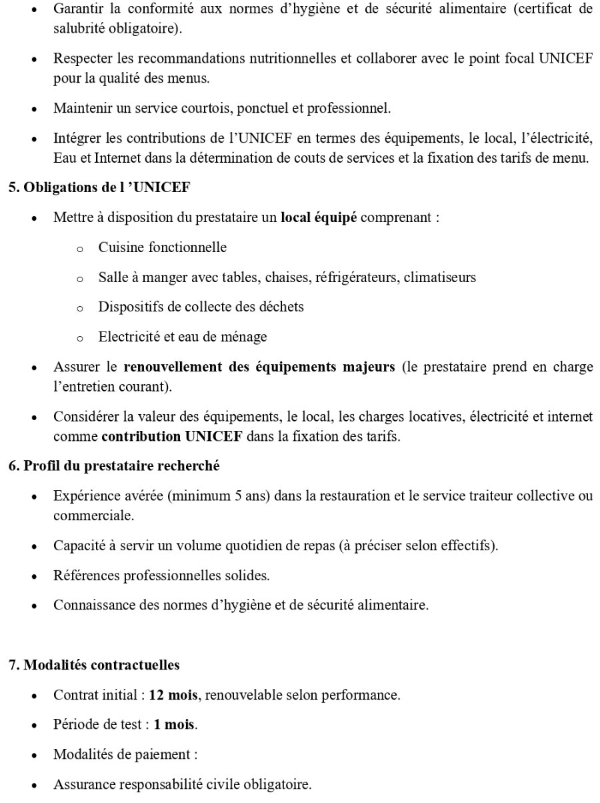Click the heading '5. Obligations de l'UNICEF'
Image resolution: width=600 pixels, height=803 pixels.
click(99, 187)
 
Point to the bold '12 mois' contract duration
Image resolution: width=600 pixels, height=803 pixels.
click(173, 695)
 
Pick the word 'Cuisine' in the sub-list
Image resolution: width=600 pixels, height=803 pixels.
click(121, 248)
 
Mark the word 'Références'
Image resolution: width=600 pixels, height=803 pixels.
click(85, 575)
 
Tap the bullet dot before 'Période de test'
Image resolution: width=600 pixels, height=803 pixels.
click(35, 726)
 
